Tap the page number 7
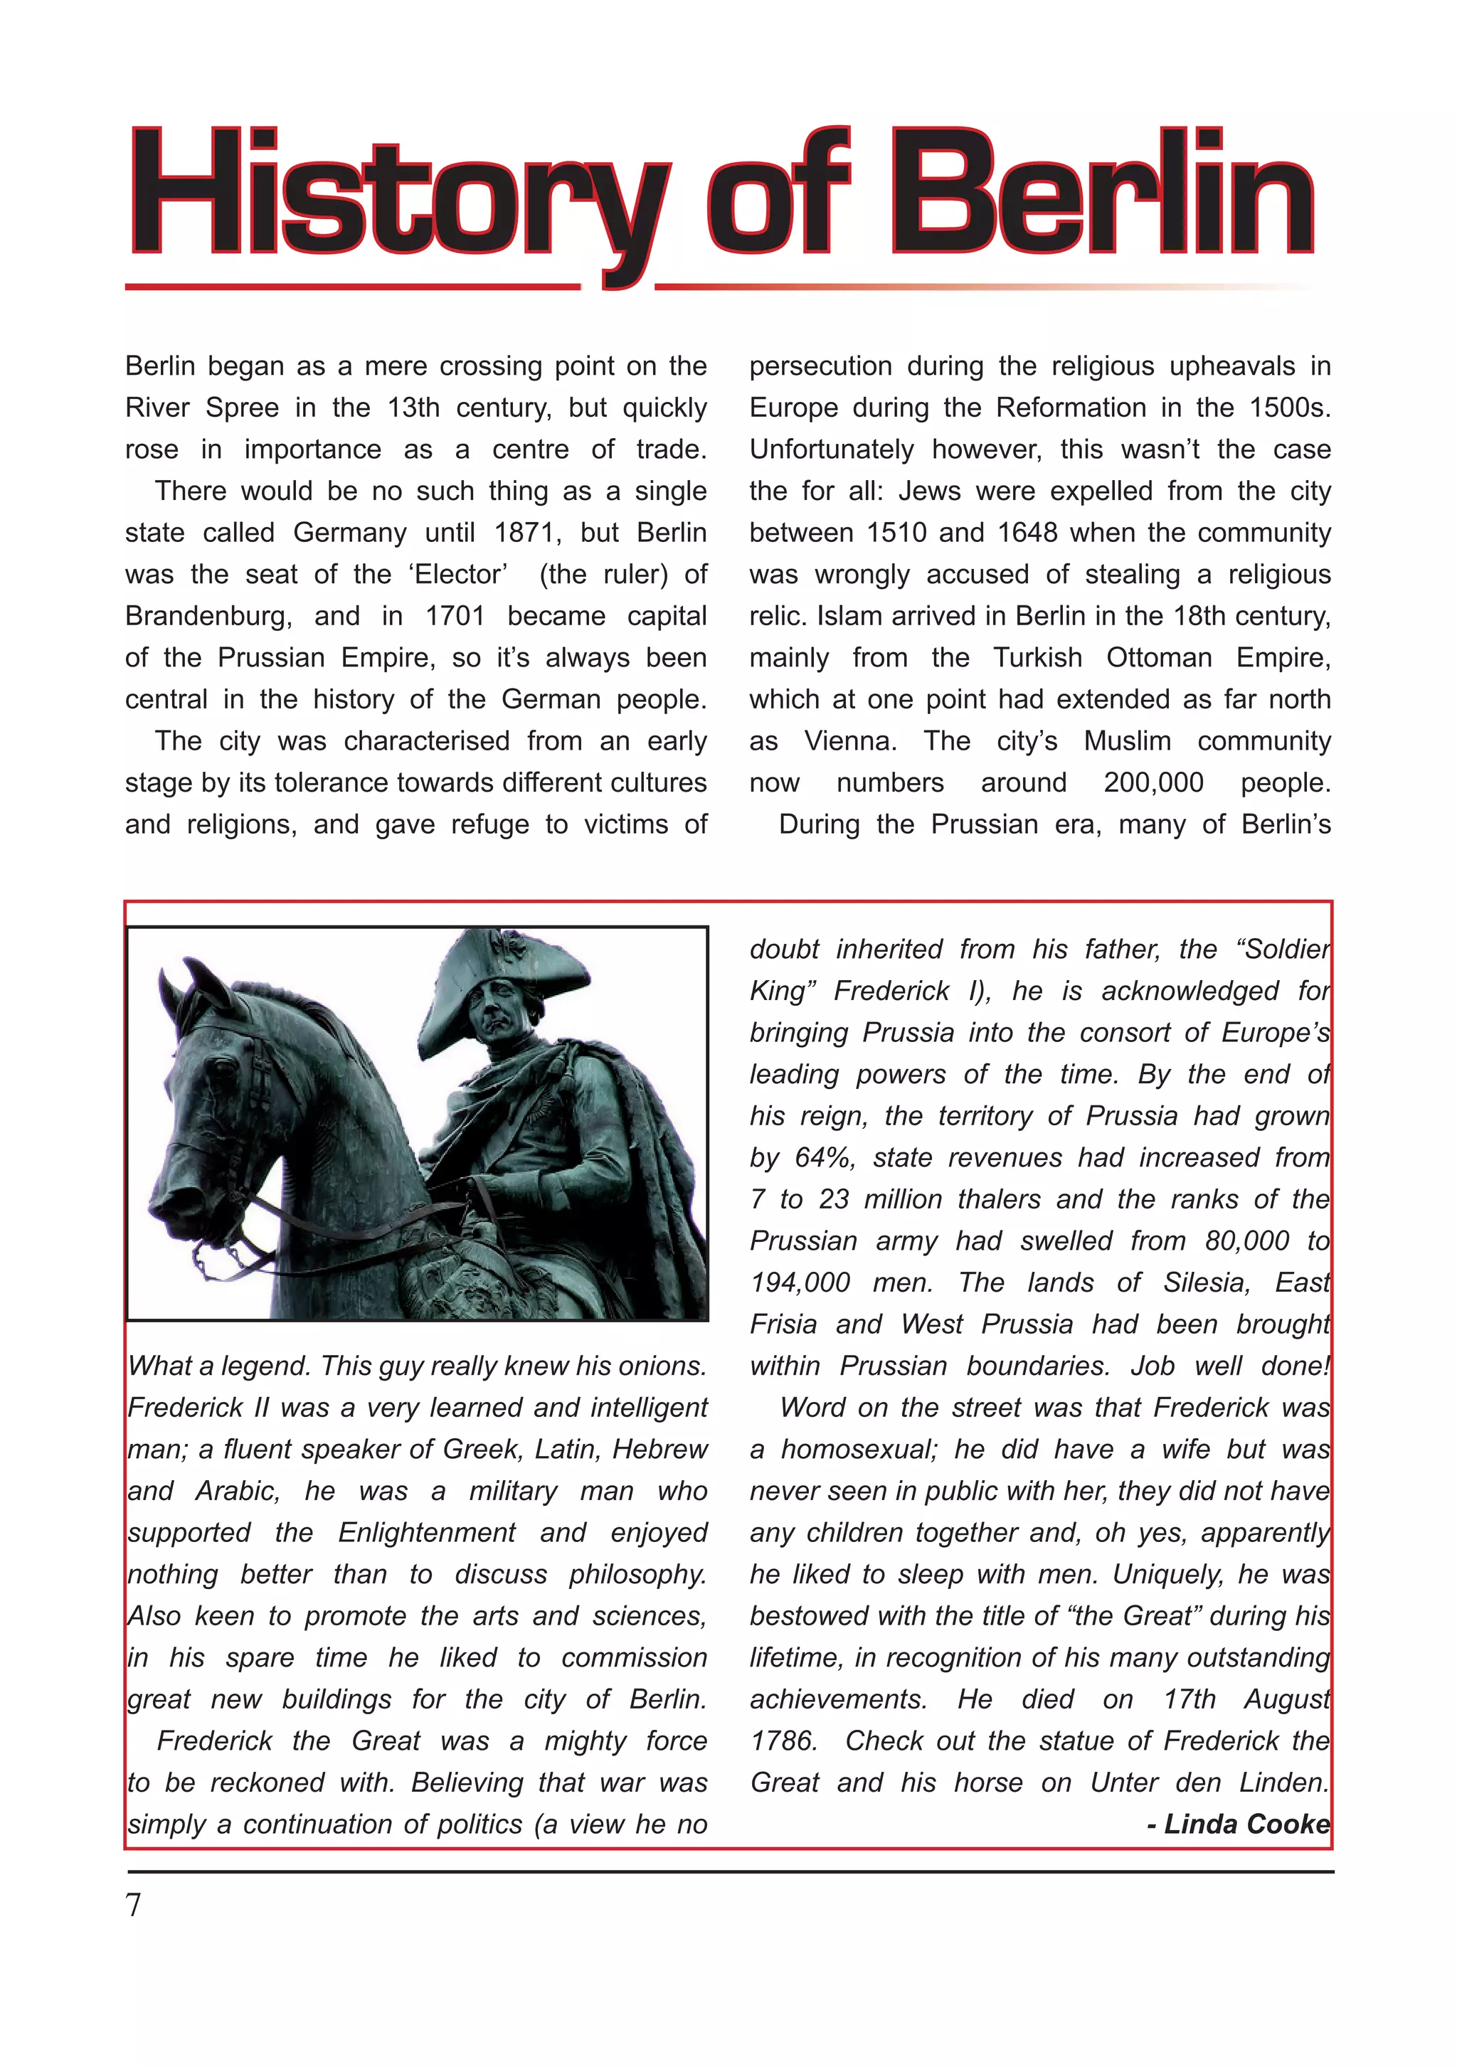coord(133,1905)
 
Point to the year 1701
coord(455,617)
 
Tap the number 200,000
coord(1153,783)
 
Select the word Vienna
coord(850,742)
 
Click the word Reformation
coord(1071,408)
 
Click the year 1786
coord(783,1741)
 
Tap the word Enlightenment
coord(427,1532)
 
